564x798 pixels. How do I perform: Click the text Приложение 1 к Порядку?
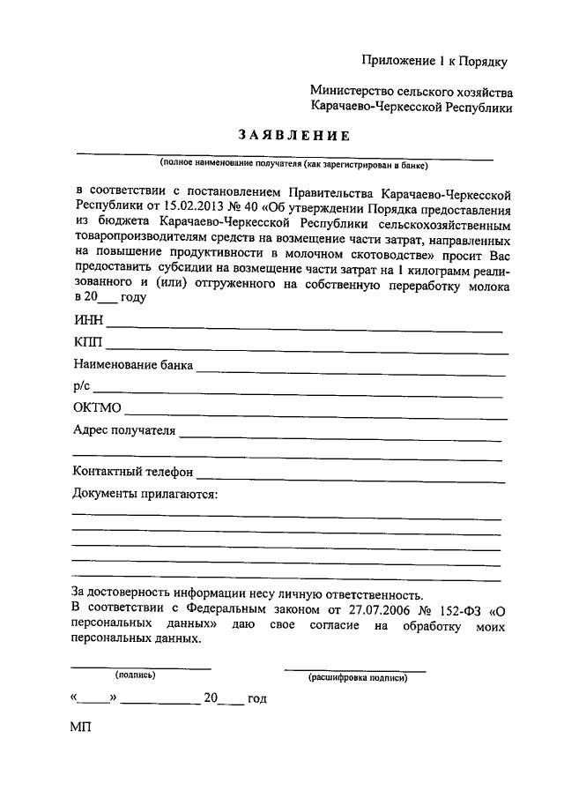click(435, 61)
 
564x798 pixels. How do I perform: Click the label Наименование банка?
click(132, 364)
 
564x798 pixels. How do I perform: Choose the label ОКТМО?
click(98, 408)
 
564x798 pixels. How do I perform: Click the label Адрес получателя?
click(124, 430)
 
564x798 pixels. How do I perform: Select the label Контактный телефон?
click(132, 473)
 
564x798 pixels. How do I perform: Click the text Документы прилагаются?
click(145, 494)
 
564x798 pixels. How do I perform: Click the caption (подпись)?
click(136, 675)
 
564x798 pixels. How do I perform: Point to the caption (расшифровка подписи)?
click(357, 677)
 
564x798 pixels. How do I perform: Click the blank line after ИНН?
click(304, 328)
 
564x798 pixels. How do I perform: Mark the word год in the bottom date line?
click(256, 698)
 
